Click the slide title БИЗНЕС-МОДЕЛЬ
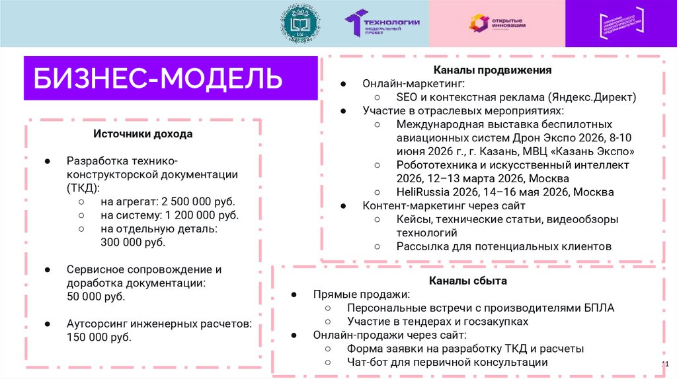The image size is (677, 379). tap(159, 79)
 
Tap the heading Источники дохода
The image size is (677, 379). tap(142, 134)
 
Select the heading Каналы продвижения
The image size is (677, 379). tap(492, 70)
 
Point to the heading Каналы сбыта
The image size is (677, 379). tap(467, 281)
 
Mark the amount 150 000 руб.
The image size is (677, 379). tap(99, 337)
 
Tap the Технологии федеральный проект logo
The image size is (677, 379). tap(382, 23)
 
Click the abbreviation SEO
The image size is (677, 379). tap(407, 98)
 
